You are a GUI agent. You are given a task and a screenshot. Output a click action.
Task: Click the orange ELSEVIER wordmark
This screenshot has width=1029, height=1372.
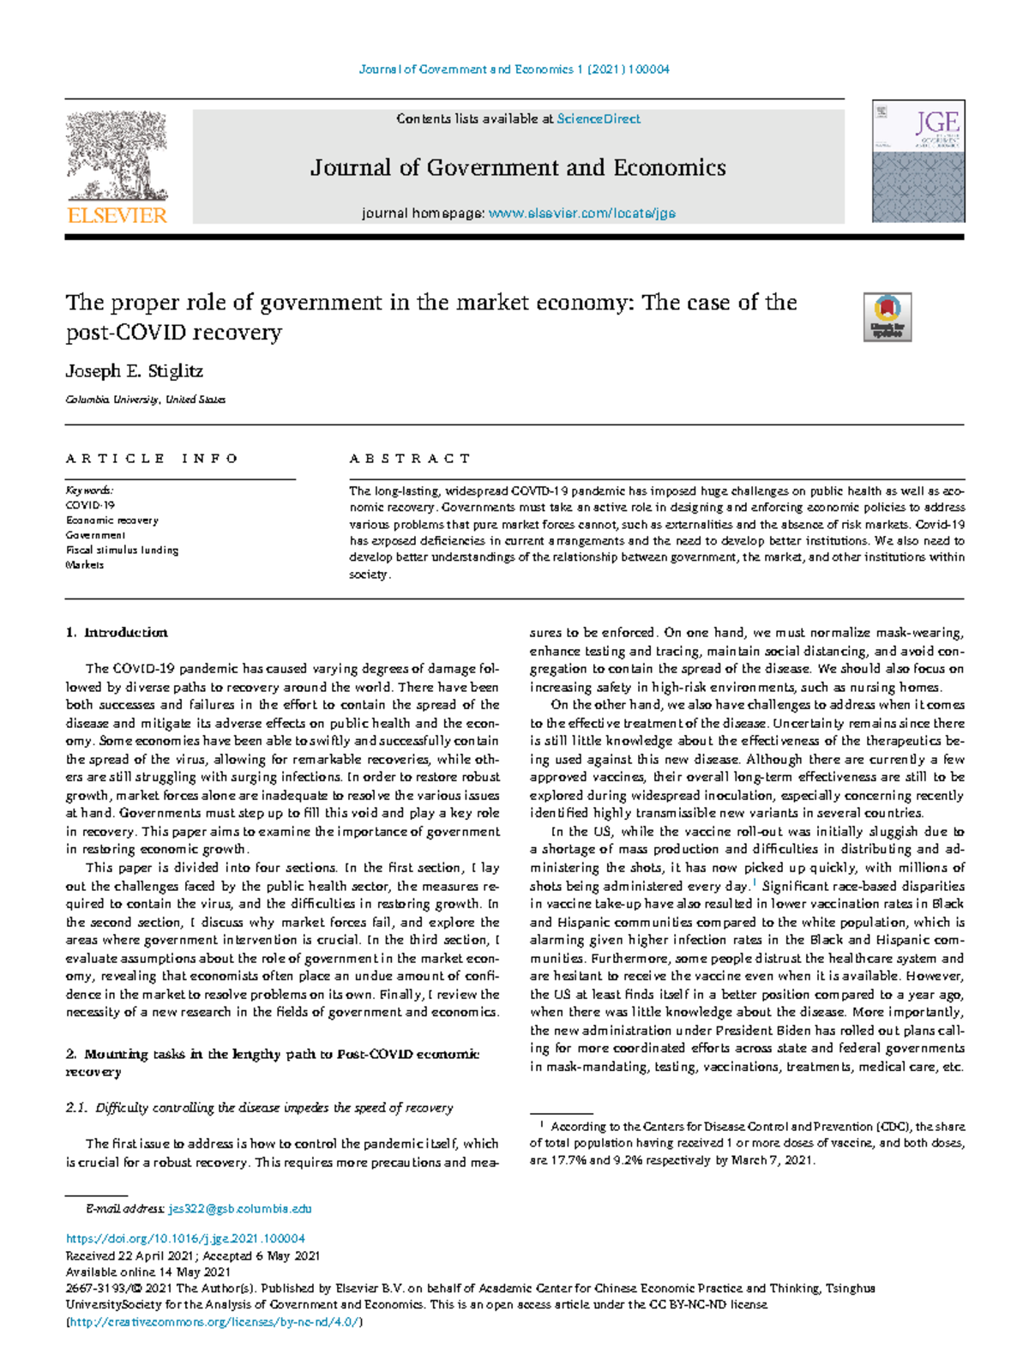pyautogui.click(x=117, y=215)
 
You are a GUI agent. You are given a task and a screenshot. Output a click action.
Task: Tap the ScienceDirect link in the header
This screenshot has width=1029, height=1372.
pyautogui.click(x=598, y=119)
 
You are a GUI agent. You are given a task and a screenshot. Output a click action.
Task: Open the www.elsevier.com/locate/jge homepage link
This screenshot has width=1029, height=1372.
pyautogui.click(x=581, y=213)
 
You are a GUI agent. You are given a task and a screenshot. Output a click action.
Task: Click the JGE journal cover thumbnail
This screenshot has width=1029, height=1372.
pyautogui.click(x=918, y=161)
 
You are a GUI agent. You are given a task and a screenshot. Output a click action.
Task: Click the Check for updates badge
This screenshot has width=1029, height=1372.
pyautogui.click(x=887, y=317)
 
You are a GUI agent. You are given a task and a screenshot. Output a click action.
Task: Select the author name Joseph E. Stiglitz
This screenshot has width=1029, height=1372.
pyautogui.click(x=135, y=371)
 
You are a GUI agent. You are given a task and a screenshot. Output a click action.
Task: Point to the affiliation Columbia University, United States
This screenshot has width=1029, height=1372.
pyautogui.click(x=146, y=400)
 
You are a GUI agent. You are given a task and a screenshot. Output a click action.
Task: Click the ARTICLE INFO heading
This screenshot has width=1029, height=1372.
pyautogui.click(x=152, y=459)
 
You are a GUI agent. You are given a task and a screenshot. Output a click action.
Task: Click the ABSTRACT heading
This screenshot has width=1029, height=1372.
pyautogui.click(x=410, y=459)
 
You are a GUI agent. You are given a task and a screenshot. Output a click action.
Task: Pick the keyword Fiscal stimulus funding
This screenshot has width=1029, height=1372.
pyautogui.click(x=122, y=550)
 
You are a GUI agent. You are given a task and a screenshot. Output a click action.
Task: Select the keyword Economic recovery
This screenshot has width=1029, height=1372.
pyautogui.click(x=112, y=521)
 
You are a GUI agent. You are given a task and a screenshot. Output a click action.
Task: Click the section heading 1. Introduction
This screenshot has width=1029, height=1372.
pyautogui.click(x=117, y=633)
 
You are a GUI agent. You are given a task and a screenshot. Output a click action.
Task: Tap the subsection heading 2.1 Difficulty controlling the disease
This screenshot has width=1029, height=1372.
pyautogui.click(x=259, y=1107)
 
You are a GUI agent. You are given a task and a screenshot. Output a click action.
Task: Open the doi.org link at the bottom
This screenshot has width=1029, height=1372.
pyautogui.click(x=185, y=1238)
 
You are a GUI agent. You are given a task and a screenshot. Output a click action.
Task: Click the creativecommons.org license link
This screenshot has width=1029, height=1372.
pyautogui.click(x=214, y=1321)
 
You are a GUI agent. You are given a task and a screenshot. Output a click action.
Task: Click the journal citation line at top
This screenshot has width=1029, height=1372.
pyautogui.click(x=514, y=69)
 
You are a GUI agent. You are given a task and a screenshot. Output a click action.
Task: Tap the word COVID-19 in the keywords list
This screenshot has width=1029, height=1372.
pyautogui.click(x=90, y=506)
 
